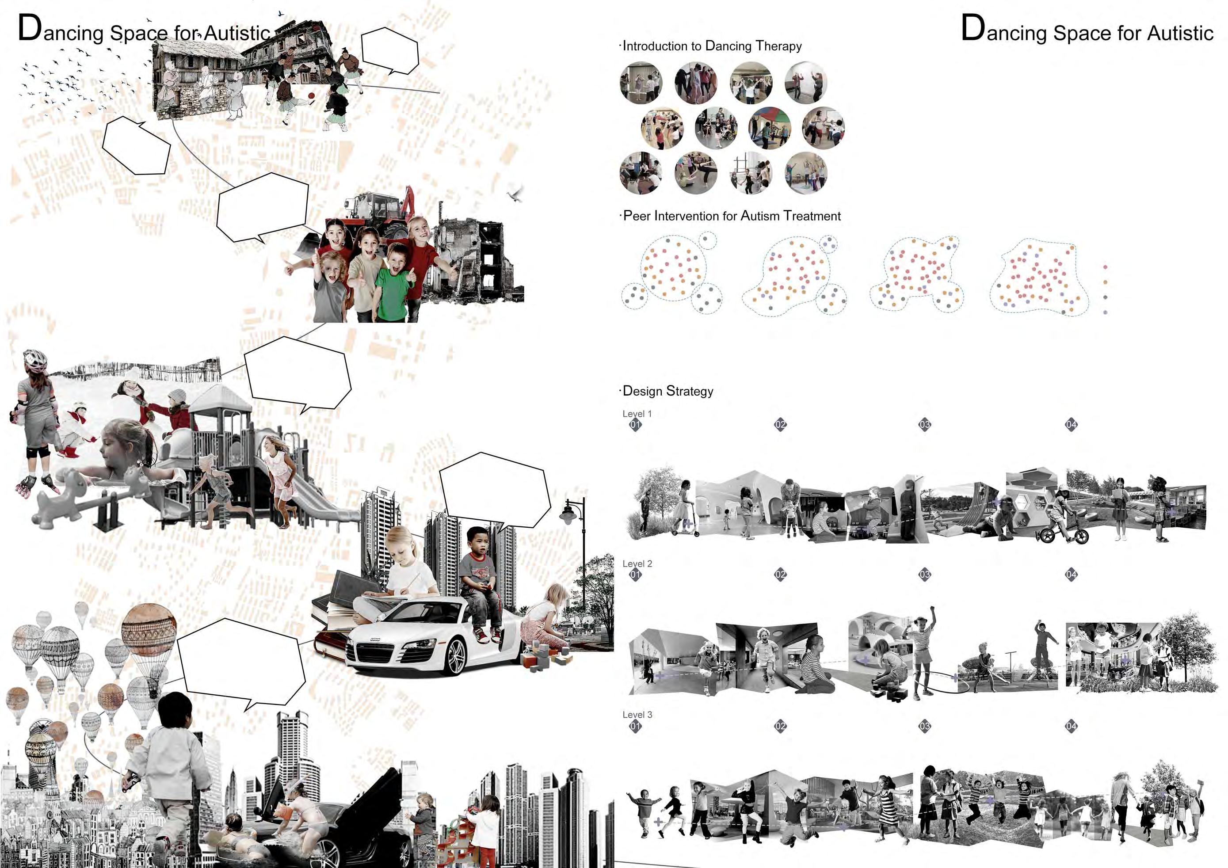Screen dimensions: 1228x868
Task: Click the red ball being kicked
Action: (x=311, y=96)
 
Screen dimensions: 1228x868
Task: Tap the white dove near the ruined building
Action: (x=516, y=194)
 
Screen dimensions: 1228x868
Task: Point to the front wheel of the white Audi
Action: (x=456, y=656)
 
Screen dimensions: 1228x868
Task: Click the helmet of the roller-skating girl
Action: (x=35, y=359)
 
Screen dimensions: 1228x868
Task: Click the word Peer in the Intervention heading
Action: (x=637, y=216)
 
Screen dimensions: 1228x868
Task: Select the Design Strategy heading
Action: (x=667, y=391)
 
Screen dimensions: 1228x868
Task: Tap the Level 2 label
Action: (x=637, y=563)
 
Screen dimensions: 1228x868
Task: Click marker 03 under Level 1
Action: (x=925, y=425)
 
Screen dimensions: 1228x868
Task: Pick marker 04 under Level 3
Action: (x=1071, y=726)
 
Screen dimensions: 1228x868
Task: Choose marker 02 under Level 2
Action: (x=780, y=575)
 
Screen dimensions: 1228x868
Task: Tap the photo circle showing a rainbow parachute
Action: (x=769, y=128)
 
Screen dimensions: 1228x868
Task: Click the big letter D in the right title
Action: (x=973, y=28)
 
